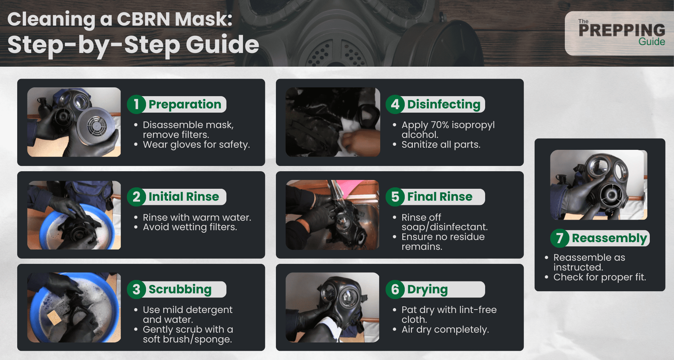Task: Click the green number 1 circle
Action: pos(136,105)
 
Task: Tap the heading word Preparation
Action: pos(185,105)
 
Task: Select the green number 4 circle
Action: pos(395,105)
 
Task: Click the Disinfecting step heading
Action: pos(443,105)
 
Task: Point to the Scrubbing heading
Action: pos(180,289)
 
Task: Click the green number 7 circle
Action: pos(560,238)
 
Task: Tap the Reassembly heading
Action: pos(609,238)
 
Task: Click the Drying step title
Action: pos(427,289)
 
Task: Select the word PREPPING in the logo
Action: pos(621,31)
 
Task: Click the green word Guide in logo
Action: pos(652,42)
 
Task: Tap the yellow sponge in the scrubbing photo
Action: pos(54,317)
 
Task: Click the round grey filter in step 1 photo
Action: pos(96,126)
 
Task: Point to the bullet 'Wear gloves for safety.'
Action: pos(196,145)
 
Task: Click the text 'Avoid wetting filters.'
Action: pos(190,227)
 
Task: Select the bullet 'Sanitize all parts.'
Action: pos(441,145)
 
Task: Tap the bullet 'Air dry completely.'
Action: pos(445,329)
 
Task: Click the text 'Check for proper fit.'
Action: pos(599,277)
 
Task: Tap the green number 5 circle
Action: pos(395,197)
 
